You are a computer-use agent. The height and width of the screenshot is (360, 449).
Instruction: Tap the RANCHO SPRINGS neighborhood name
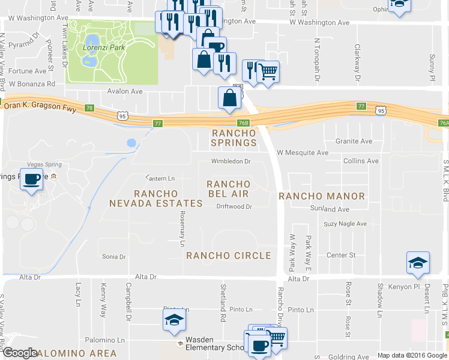point(234,137)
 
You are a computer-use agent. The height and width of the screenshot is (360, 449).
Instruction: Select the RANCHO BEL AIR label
point(228,188)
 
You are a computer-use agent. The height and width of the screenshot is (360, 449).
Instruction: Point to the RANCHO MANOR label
point(322,196)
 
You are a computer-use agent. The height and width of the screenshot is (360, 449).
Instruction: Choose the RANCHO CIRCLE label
point(229,256)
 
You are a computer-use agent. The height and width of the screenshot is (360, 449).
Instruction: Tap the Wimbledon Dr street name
point(231,161)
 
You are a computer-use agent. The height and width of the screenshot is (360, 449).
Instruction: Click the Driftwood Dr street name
point(234,206)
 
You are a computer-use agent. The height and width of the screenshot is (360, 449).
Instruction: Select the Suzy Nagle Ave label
point(345,224)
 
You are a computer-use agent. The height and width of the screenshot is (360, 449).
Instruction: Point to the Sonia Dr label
point(113,256)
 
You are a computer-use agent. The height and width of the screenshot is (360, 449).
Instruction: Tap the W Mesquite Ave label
point(303,152)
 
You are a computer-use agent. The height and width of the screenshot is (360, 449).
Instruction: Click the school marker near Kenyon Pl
point(418,263)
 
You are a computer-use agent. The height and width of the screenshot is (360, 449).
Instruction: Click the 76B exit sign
point(243,123)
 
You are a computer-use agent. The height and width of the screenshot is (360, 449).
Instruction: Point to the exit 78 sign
point(89,108)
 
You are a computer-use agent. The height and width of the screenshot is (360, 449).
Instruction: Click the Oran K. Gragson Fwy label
point(40,105)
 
